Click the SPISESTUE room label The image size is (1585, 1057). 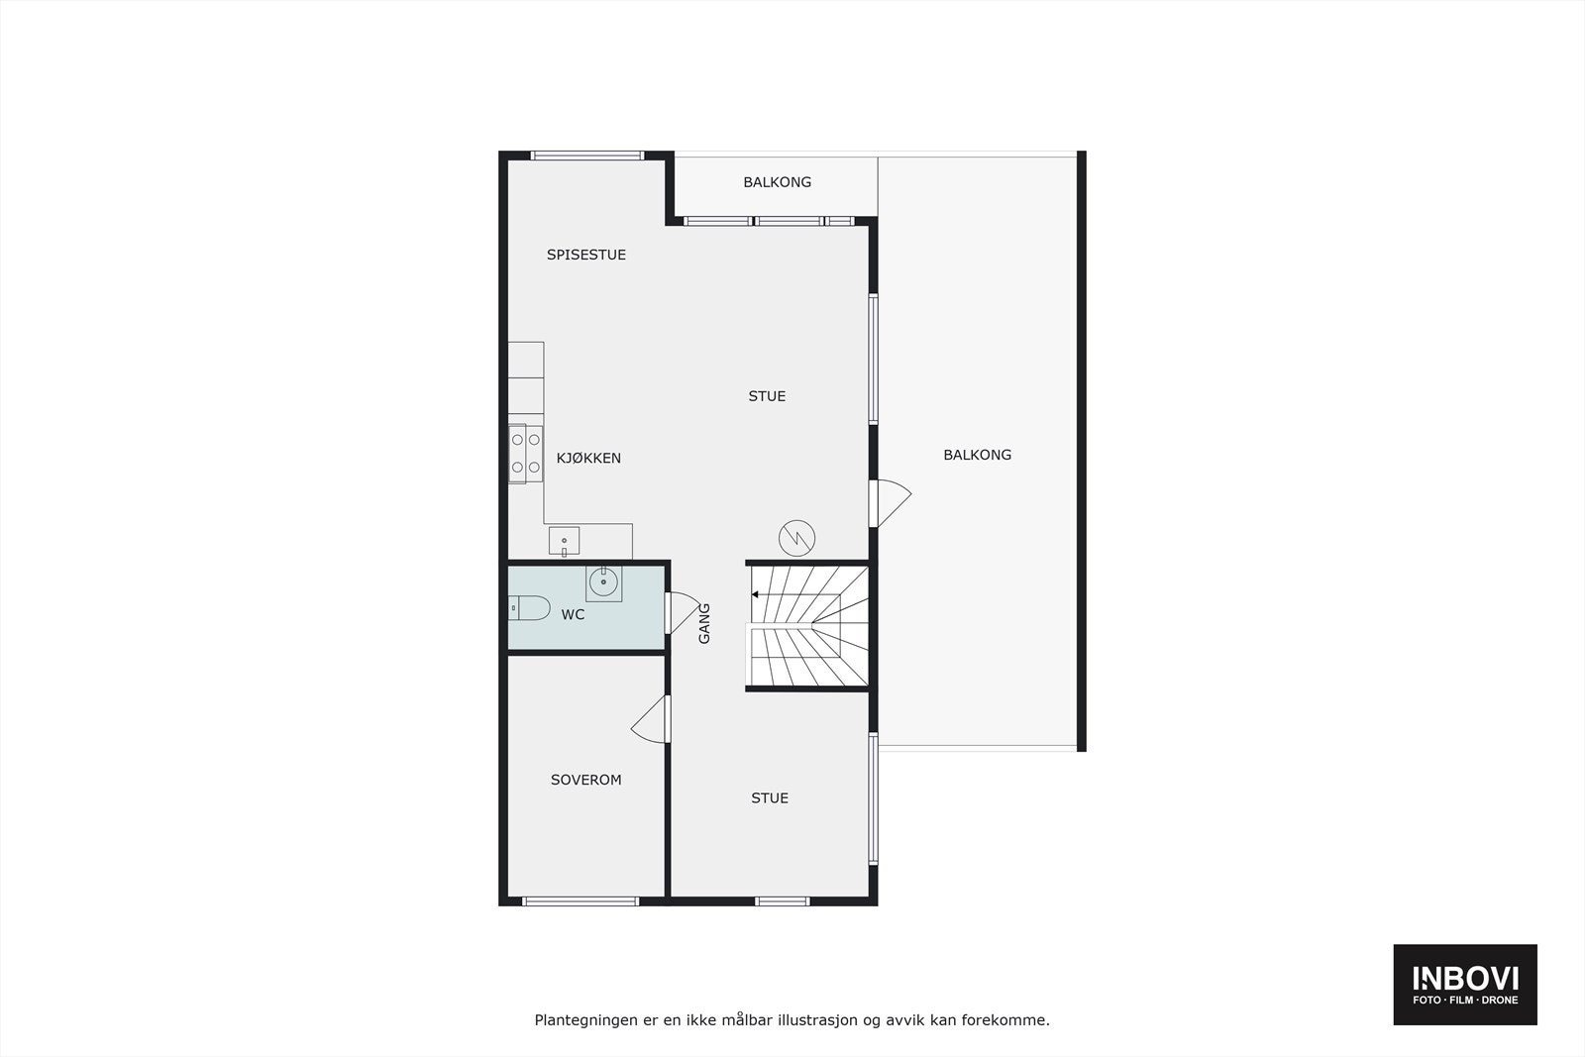(x=586, y=255)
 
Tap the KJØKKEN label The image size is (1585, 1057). (x=588, y=458)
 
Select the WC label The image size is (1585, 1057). (x=573, y=614)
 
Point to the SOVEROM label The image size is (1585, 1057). (x=586, y=780)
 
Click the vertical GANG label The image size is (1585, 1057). (x=704, y=623)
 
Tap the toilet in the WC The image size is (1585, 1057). (x=529, y=607)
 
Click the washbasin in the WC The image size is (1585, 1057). (x=603, y=582)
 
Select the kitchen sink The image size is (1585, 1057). (x=564, y=541)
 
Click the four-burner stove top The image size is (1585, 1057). (x=525, y=453)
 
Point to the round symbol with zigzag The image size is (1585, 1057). (x=797, y=538)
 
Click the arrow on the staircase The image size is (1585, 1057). (x=757, y=594)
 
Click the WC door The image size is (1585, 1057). (x=682, y=612)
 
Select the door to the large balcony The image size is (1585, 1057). (x=889, y=502)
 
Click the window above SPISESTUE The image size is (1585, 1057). (x=587, y=155)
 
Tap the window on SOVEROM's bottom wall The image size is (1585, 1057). (x=581, y=900)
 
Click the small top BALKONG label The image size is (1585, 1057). (x=778, y=182)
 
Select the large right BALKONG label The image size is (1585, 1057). (x=977, y=455)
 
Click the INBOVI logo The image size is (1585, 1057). (x=1465, y=984)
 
